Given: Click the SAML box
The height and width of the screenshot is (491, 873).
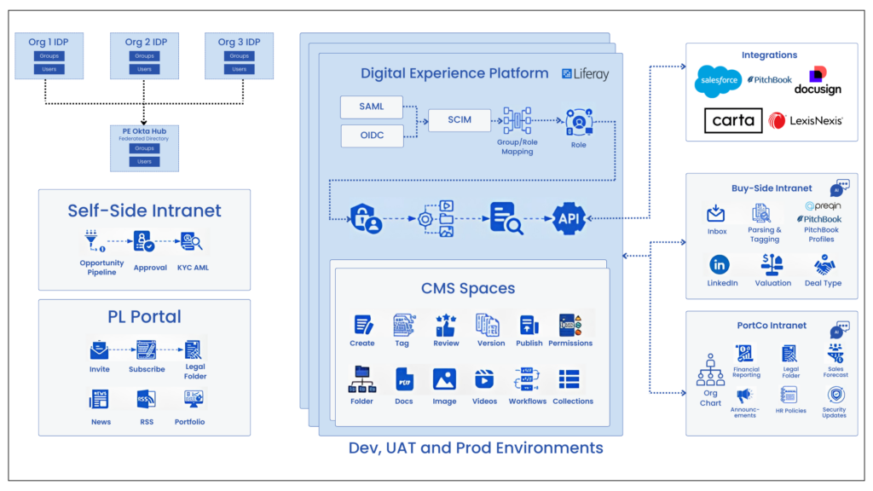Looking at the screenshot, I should pyautogui.click(x=371, y=107).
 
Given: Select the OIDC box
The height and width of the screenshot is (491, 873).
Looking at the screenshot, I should pyautogui.click(x=371, y=136).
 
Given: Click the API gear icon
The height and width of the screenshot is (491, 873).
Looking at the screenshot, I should pyautogui.click(x=569, y=219).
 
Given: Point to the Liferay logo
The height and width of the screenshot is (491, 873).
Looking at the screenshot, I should pyautogui.click(x=586, y=74).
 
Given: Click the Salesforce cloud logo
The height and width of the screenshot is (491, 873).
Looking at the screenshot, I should pyautogui.click(x=717, y=81).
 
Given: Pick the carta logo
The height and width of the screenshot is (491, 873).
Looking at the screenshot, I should pyautogui.click(x=733, y=120).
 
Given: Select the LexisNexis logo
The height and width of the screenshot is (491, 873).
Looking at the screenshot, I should pyautogui.click(x=807, y=120).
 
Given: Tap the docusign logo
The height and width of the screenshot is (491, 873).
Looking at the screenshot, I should pyautogui.click(x=818, y=81).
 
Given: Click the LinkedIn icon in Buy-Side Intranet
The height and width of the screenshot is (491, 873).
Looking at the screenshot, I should pyautogui.click(x=719, y=264).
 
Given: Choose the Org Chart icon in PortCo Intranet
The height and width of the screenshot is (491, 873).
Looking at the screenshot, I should pyautogui.click(x=710, y=370).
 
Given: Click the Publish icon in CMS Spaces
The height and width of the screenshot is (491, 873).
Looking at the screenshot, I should pyautogui.click(x=529, y=325).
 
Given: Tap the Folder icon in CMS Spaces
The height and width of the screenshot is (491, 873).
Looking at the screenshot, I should pyautogui.click(x=361, y=379).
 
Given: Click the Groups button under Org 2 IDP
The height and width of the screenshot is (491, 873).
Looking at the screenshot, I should pyautogui.click(x=144, y=56).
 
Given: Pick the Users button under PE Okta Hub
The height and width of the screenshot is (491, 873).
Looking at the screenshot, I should pyautogui.click(x=144, y=161).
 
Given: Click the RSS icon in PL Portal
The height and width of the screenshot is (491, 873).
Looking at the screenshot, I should pyautogui.click(x=146, y=400).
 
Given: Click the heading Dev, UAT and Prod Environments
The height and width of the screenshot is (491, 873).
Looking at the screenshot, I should pyautogui.click(x=476, y=448).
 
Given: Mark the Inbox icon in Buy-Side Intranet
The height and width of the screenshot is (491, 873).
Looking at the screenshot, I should pyautogui.click(x=716, y=214).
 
